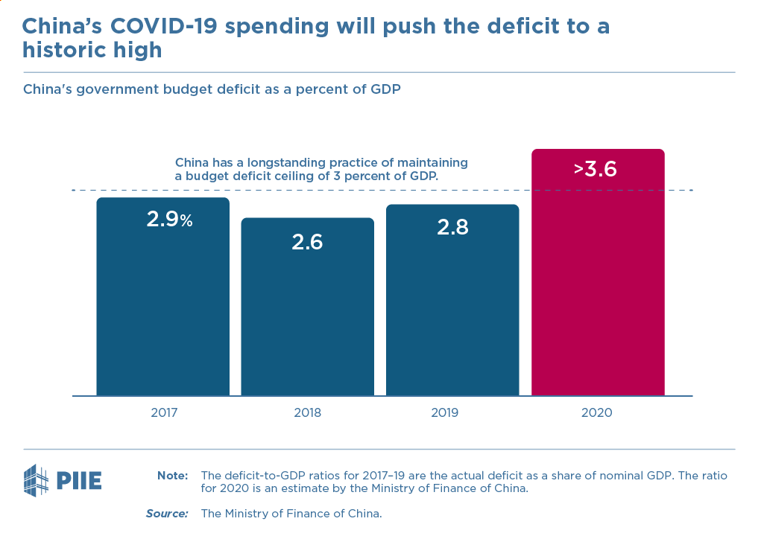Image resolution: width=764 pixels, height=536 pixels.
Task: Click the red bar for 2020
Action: [x=597, y=283]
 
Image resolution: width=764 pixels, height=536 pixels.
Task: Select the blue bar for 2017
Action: [x=162, y=305]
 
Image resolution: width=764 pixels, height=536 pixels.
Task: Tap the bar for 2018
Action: [x=307, y=313]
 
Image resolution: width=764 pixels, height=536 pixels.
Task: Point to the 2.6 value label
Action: [x=307, y=242]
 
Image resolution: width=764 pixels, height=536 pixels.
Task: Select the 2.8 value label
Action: [x=452, y=227]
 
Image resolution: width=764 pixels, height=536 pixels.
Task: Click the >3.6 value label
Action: [x=596, y=169]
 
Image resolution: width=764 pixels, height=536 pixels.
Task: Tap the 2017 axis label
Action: [x=163, y=412]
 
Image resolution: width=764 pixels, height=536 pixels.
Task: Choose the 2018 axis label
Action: [x=307, y=412]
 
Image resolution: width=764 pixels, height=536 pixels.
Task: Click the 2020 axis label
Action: [x=596, y=412]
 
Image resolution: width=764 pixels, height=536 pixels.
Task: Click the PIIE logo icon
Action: [x=37, y=480]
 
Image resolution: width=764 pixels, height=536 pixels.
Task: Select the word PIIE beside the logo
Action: [x=79, y=481]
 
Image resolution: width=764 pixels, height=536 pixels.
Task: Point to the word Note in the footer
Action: [x=171, y=476]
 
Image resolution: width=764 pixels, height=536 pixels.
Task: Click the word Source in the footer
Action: [x=167, y=514]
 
